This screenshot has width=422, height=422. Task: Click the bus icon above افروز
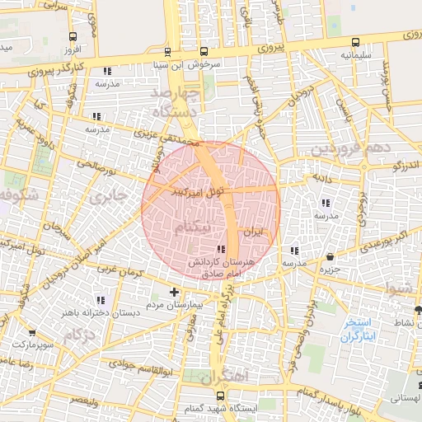click(74, 37)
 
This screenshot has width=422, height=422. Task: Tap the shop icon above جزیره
click(331, 256)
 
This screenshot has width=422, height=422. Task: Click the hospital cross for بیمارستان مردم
click(174, 292)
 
